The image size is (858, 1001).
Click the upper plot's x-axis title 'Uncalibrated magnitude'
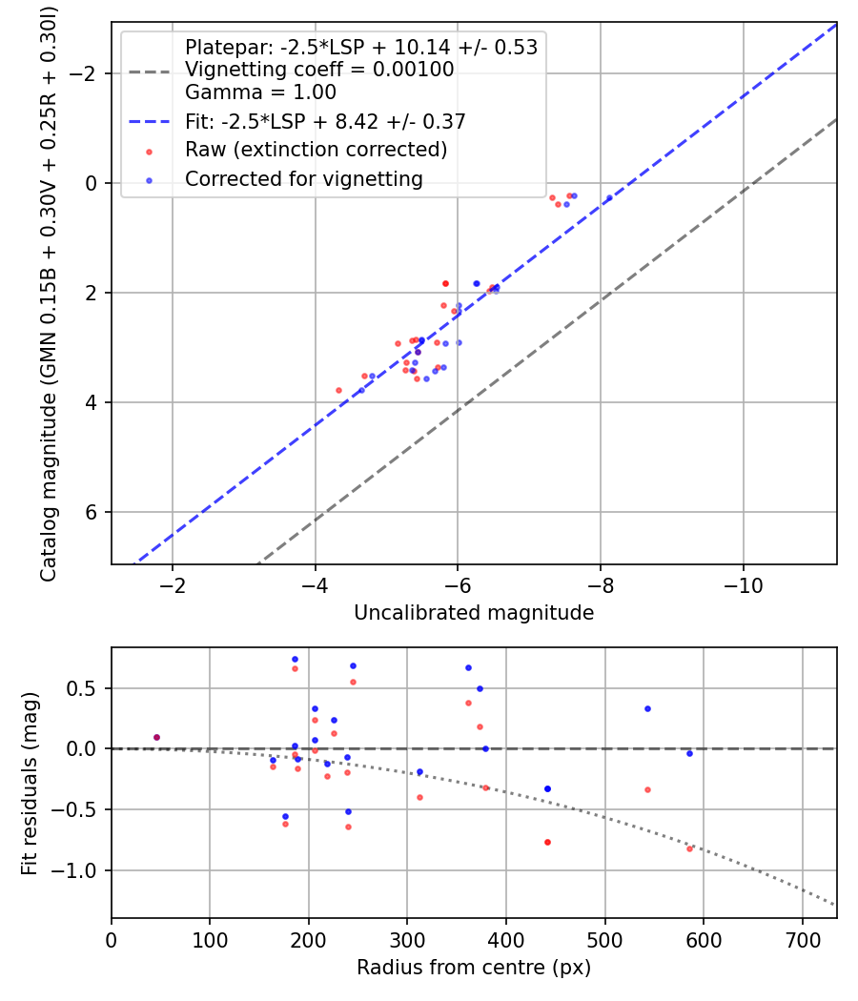474,613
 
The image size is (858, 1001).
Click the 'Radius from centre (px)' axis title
474,968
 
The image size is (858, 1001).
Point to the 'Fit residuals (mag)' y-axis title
30,783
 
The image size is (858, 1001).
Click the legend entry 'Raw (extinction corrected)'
316,150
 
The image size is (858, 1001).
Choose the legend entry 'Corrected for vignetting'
304,178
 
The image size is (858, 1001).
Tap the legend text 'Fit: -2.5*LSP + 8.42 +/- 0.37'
325,121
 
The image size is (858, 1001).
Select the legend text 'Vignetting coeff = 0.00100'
319,70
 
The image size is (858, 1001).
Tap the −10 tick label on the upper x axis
743,584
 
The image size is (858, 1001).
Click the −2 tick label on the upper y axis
88,73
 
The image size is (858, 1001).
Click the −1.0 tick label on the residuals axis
81,870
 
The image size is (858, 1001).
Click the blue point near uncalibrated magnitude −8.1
609,197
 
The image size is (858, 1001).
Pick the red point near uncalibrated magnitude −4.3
338,390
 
